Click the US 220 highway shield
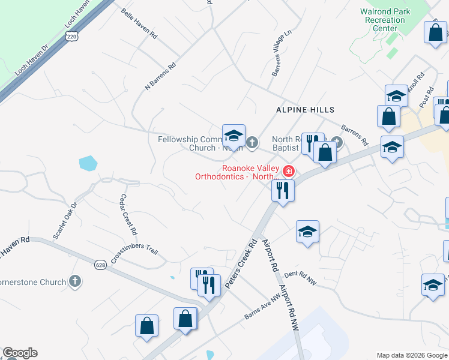click(72, 37)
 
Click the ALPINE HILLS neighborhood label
click(305, 110)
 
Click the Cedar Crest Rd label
click(128, 214)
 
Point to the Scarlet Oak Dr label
click(65, 220)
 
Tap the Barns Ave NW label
click(263, 307)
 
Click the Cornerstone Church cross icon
click(75, 281)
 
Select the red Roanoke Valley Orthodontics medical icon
click(288, 172)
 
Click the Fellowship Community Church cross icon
click(252, 143)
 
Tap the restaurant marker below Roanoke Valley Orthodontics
click(281, 191)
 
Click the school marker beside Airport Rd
click(307, 231)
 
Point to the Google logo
click(20, 353)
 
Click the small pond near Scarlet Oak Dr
click(88, 163)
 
